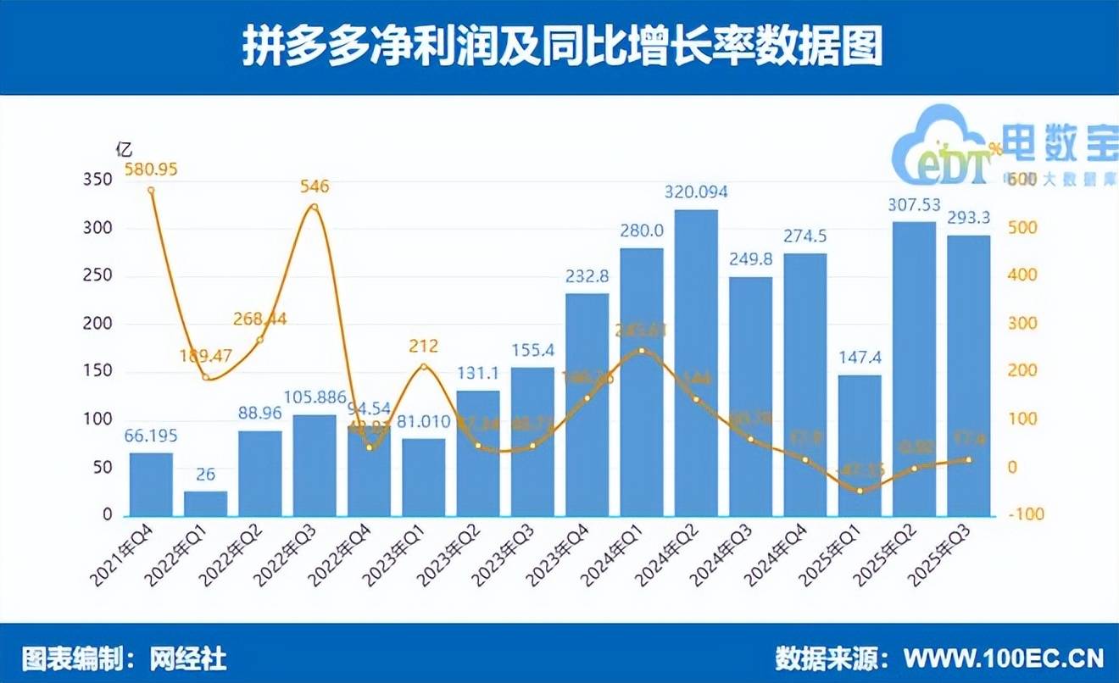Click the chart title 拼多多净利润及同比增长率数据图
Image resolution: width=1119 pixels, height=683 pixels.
(x=560, y=46)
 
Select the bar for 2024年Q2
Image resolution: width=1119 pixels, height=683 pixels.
(x=696, y=363)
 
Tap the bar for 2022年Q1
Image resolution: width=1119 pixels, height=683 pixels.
(x=206, y=503)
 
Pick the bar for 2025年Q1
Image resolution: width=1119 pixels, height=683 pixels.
(x=860, y=446)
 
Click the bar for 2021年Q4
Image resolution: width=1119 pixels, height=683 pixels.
(x=151, y=484)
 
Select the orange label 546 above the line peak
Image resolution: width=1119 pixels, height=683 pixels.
(x=315, y=186)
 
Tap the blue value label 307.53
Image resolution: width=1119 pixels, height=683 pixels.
(x=914, y=205)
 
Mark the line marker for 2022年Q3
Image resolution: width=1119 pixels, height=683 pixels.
(x=315, y=208)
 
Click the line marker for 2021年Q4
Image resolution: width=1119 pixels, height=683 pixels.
(x=151, y=191)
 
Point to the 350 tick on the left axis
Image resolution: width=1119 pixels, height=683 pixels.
(x=98, y=180)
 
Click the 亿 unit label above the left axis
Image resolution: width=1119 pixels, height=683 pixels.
(x=124, y=149)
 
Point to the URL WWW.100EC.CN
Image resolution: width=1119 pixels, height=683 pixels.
(x=1005, y=658)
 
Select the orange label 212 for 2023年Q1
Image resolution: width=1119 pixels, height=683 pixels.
(x=424, y=346)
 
